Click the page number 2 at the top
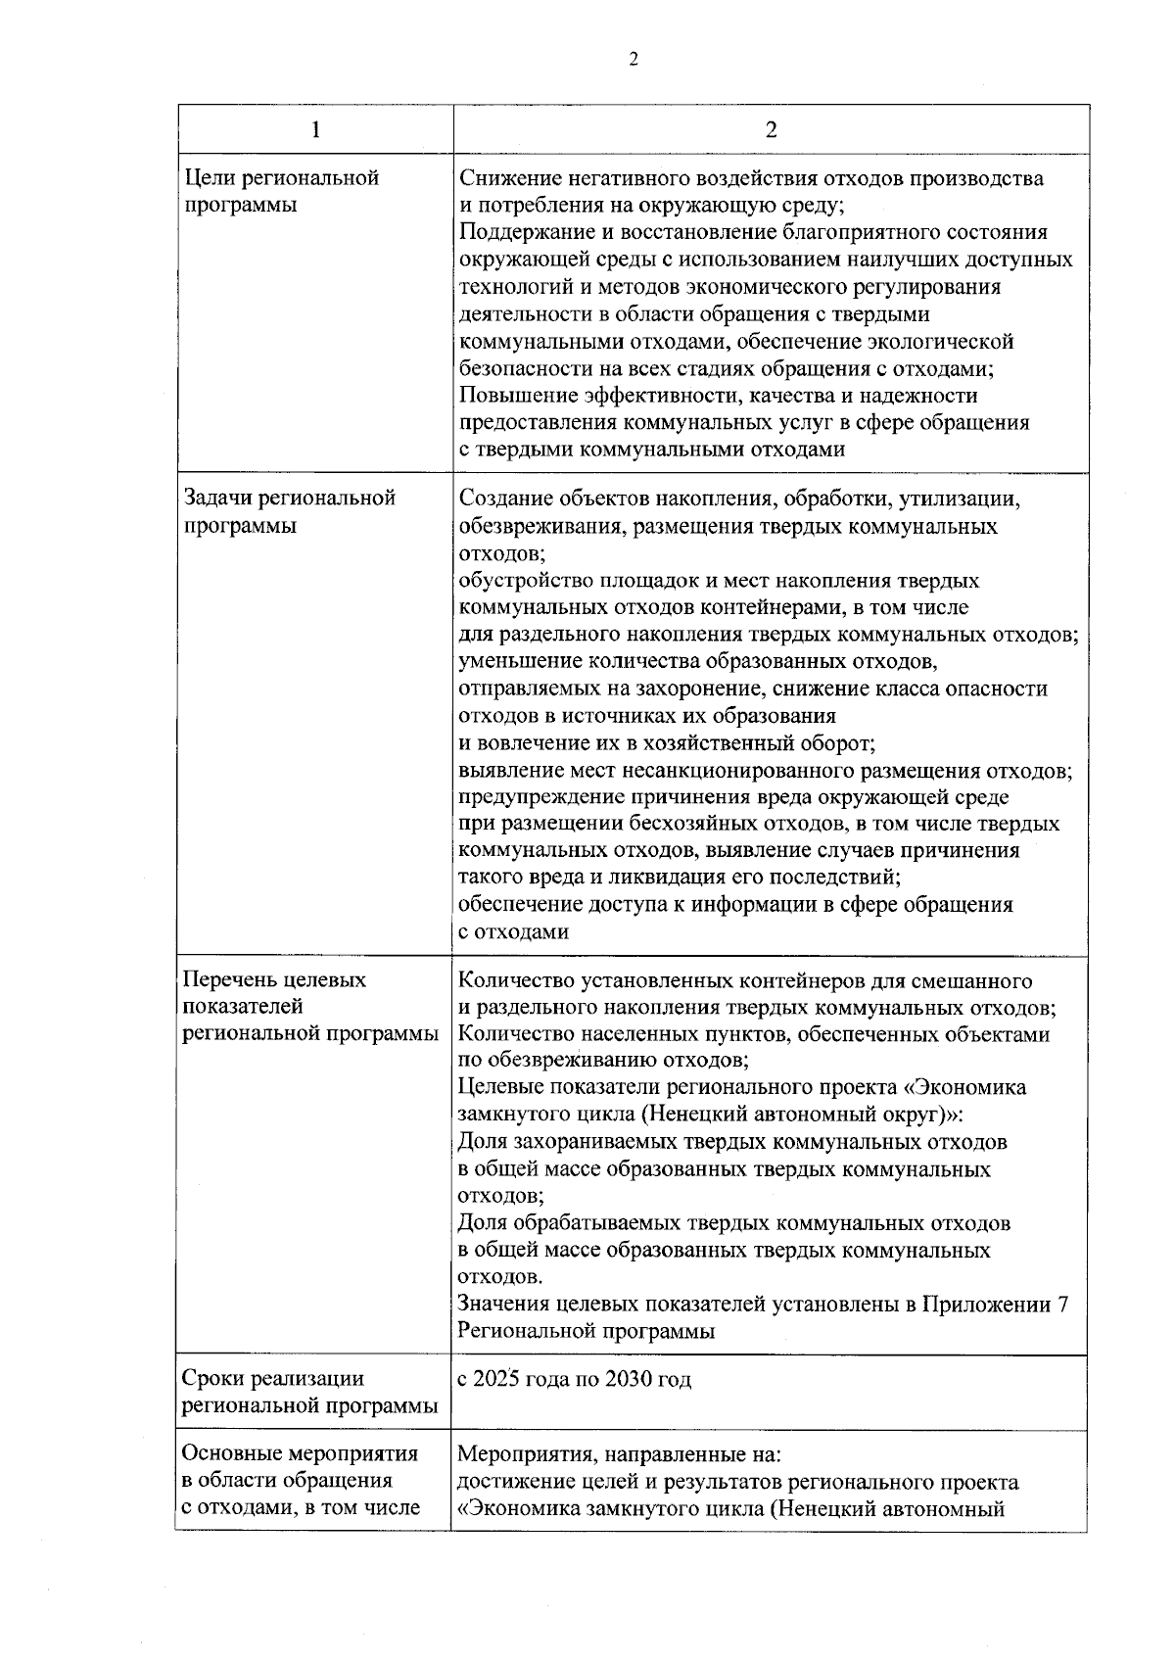pyautogui.click(x=633, y=61)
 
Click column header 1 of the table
pyautogui.click(x=314, y=131)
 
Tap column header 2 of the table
pyautogui.click(x=771, y=131)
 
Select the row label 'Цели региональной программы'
pyautogui.click(x=282, y=192)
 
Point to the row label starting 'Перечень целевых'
pyautogui.click(x=275, y=980)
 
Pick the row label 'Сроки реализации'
pyautogui.click(x=273, y=1379)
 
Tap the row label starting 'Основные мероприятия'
pyautogui.click(x=301, y=1453)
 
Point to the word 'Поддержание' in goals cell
pyautogui.click(x=519, y=233)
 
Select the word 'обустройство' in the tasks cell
pyautogui.click(x=520, y=581)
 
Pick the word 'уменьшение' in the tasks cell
pyautogui.click(x=516, y=662)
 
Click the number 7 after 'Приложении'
pyautogui.click(x=1063, y=1305)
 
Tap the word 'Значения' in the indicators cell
pyautogui.click(x=502, y=1305)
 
